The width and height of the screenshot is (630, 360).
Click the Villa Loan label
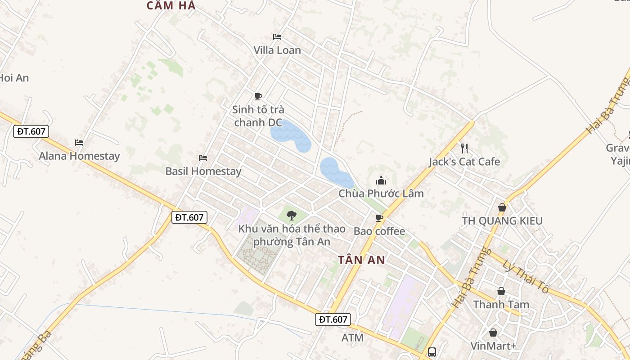click(277, 50)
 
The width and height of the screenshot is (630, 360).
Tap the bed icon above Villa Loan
click(277, 36)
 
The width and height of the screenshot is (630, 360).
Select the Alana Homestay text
click(79, 156)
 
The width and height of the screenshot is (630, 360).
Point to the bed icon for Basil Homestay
click(203, 158)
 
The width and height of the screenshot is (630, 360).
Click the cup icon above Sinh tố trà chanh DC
click(258, 96)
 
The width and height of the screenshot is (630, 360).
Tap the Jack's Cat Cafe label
click(464, 162)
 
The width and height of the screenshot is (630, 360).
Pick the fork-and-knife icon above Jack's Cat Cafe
click(464, 148)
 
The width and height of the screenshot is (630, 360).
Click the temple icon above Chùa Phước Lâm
click(381, 181)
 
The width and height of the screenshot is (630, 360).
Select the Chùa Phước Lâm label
click(381, 193)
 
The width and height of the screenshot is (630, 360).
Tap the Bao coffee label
click(379, 231)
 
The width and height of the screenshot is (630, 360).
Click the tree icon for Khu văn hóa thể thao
click(292, 215)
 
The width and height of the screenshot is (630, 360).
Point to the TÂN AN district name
click(361, 260)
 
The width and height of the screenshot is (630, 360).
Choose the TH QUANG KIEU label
click(502, 221)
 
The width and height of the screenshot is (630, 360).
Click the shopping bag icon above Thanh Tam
click(501, 292)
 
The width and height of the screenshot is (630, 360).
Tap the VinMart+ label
click(493, 346)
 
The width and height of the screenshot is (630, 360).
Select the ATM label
click(352, 337)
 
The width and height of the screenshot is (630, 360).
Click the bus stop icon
click(432, 352)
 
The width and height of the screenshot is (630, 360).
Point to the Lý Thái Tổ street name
click(526, 277)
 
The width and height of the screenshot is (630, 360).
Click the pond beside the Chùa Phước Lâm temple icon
click(335, 172)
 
